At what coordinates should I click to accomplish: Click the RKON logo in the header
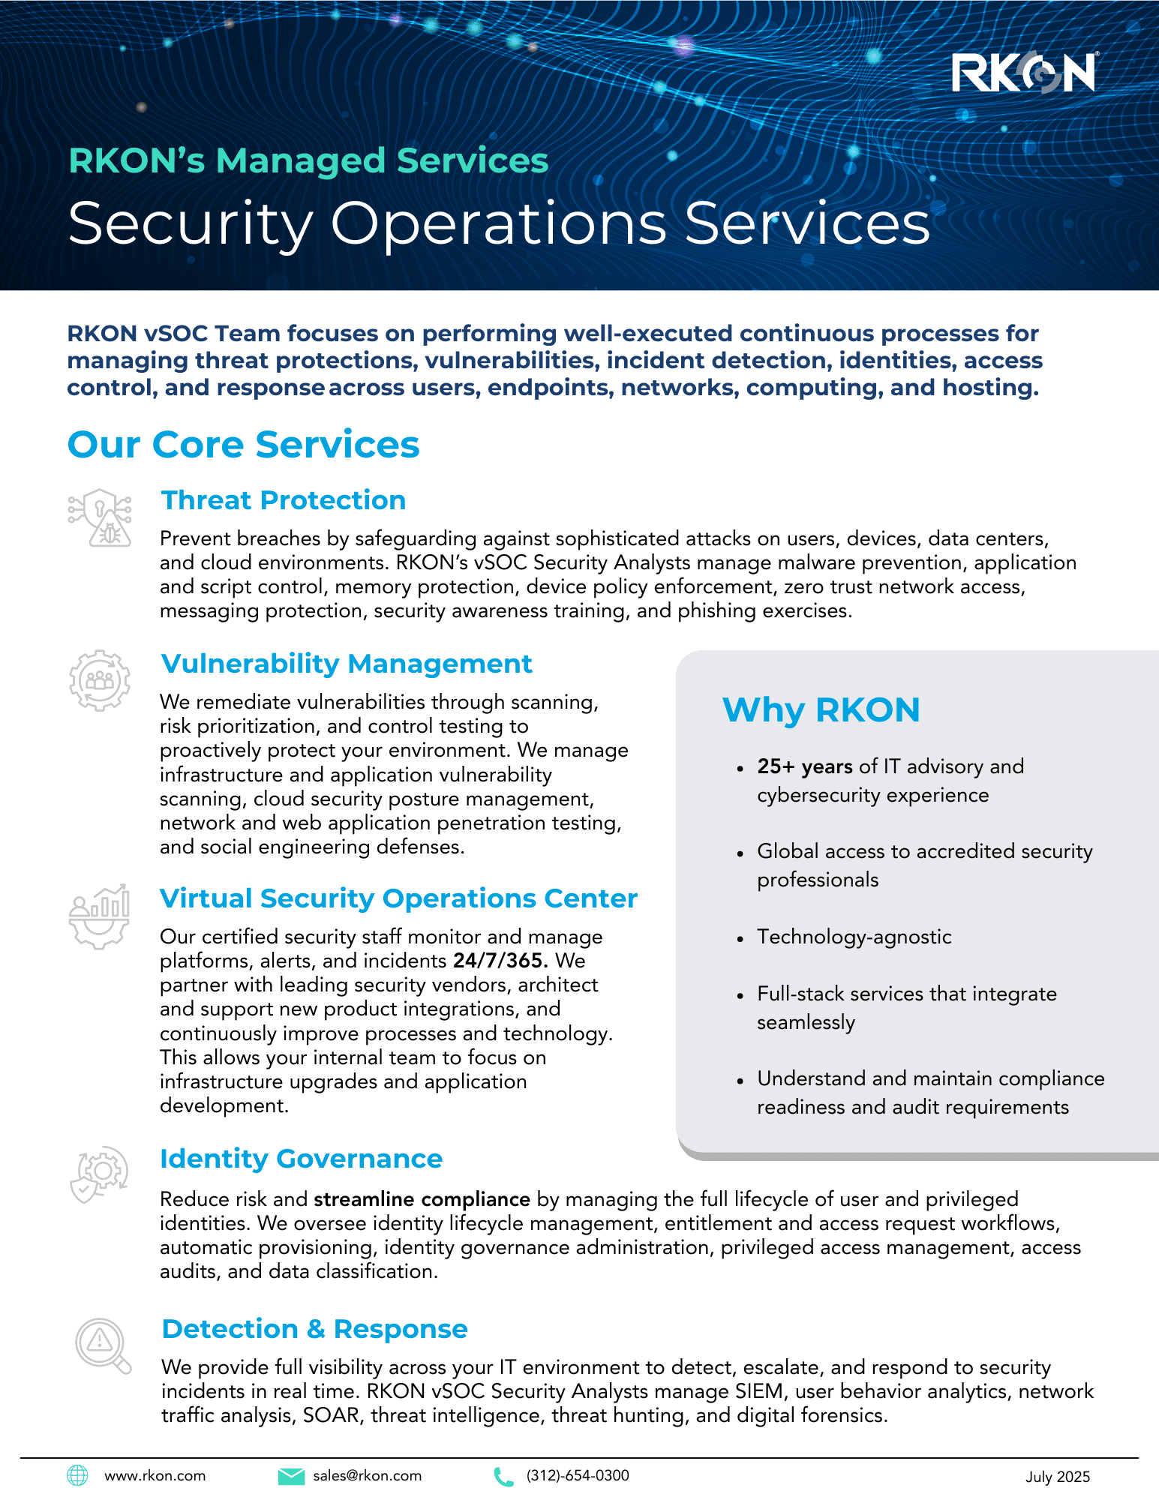(1024, 73)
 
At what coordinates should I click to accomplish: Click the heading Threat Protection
(284, 500)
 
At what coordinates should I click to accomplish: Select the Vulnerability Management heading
(347, 664)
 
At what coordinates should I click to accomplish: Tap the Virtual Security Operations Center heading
(398, 898)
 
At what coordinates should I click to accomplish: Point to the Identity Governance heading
(301, 1159)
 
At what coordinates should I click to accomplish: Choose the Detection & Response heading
(314, 1329)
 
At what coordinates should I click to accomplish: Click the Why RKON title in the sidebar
(821, 709)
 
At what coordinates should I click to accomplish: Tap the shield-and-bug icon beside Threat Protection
(100, 517)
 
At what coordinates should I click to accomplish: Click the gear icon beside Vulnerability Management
(100, 680)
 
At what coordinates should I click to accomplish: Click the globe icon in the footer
(77, 1475)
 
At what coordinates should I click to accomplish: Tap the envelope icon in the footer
(290, 1476)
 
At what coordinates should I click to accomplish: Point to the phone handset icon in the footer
(503, 1476)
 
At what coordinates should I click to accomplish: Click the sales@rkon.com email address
(367, 1476)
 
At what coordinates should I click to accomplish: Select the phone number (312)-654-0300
(578, 1476)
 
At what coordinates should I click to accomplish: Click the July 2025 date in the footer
(1057, 1477)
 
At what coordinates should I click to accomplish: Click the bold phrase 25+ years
(804, 766)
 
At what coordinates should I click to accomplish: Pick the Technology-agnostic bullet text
(854, 937)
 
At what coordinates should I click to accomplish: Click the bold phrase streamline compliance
(422, 1199)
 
